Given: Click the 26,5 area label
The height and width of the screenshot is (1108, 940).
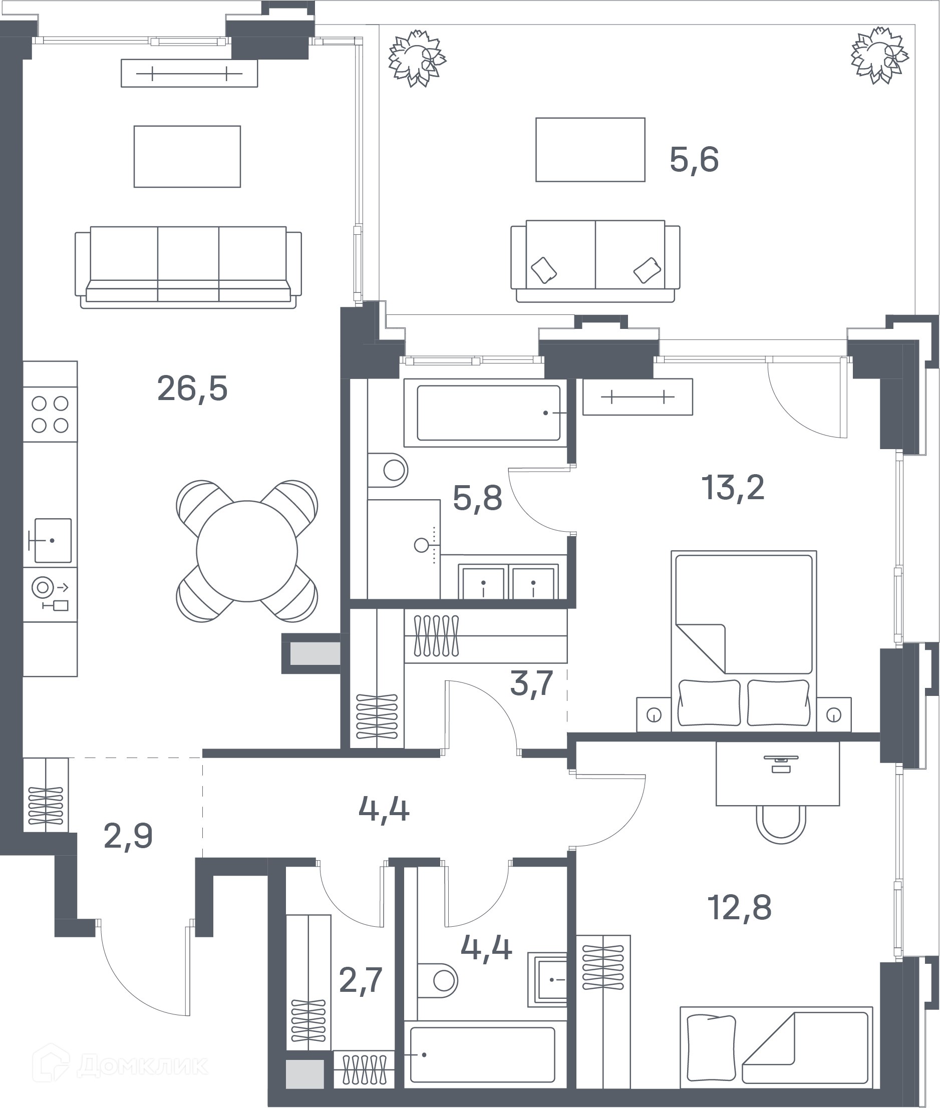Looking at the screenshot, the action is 192,390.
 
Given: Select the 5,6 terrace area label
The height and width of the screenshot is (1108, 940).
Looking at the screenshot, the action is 694,159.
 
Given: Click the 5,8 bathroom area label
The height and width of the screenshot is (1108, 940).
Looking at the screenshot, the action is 477,498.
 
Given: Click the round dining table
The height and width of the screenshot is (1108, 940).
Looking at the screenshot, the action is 247,551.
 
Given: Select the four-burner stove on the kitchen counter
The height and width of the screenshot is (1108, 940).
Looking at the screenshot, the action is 50,415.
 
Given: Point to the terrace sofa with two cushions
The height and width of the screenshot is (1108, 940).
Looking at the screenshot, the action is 595,261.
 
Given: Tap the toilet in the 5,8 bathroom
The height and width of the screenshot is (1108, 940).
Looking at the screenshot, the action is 388,470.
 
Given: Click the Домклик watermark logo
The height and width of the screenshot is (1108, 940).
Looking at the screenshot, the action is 120,1065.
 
